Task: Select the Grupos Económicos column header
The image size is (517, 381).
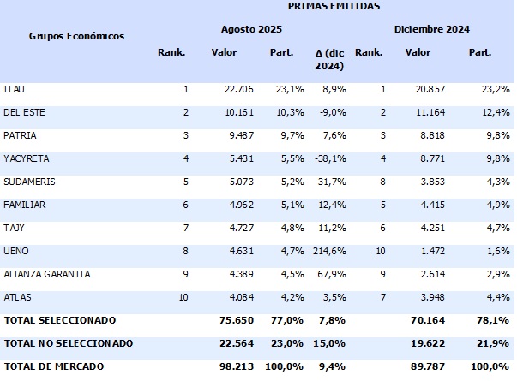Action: pyautogui.click(x=76, y=36)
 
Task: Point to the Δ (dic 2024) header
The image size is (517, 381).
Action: pyautogui.click(x=329, y=59)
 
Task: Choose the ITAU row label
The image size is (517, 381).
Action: pyautogui.click(x=15, y=89)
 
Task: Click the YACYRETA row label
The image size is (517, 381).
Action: pyautogui.click(x=26, y=158)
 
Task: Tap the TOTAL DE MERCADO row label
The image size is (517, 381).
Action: pyautogui.click(x=54, y=366)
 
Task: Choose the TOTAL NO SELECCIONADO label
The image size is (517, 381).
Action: pyautogui.click(x=69, y=343)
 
